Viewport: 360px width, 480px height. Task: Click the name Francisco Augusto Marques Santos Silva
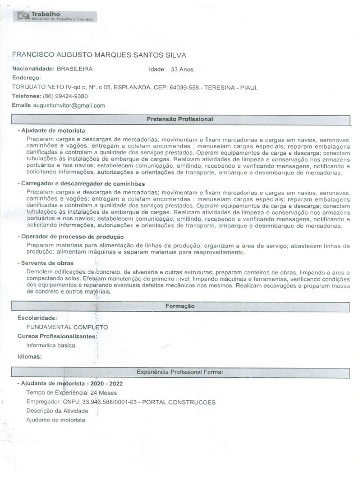click(99, 55)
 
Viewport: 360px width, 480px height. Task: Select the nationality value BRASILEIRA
click(75, 68)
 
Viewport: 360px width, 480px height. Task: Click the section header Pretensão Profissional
click(180, 120)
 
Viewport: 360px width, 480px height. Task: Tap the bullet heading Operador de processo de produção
click(72, 237)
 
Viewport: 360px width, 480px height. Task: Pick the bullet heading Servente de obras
click(47, 263)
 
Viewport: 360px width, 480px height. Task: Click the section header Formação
click(180, 306)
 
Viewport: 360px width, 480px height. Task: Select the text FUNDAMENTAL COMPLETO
click(67, 327)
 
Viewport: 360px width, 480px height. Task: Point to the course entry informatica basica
click(51, 345)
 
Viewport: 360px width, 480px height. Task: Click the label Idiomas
click(30, 356)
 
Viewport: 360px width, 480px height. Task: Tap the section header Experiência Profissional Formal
click(180, 372)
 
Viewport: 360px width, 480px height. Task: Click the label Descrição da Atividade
click(57, 411)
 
